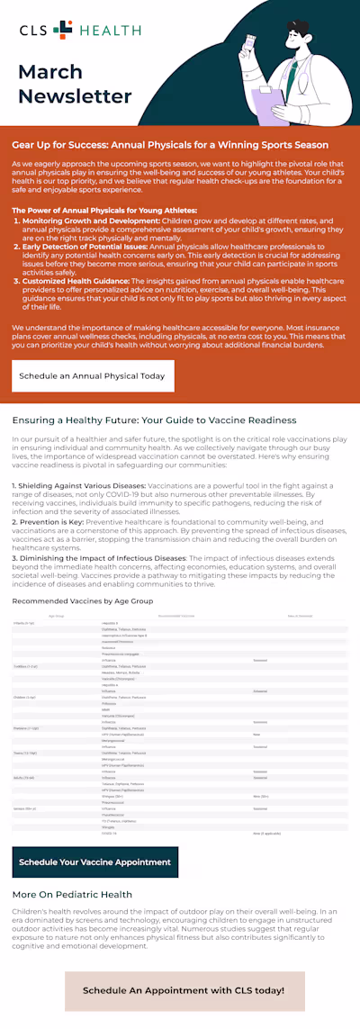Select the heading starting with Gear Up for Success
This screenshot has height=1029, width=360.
(170, 144)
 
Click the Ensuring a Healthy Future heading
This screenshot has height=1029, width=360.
(154, 420)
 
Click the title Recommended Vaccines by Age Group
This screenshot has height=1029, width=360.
(83, 599)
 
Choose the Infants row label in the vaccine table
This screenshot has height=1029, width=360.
(22, 622)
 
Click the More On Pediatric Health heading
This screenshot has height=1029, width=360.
(72, 895)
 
